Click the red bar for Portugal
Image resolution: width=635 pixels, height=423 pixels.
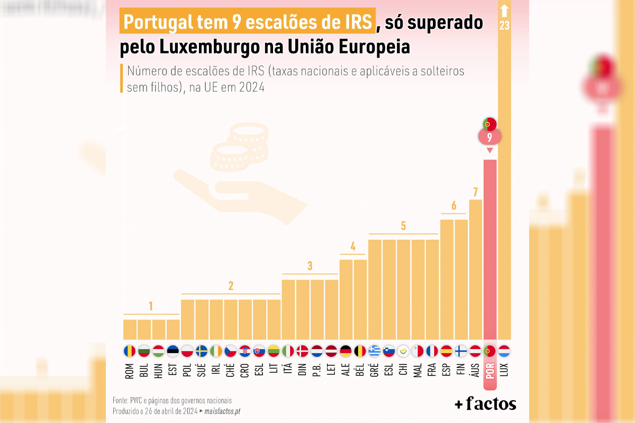(490, 249)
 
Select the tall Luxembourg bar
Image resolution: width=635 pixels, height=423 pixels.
(504, 185)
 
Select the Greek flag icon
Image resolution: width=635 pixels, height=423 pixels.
(375, 351)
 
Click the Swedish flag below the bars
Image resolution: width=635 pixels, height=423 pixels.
(202, 351)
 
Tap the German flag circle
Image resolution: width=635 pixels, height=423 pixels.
(346, 351)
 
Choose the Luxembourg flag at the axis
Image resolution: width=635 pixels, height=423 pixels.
(504, 351)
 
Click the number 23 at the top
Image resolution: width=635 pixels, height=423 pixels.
(504, 25)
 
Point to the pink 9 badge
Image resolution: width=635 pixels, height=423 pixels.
(489, 137)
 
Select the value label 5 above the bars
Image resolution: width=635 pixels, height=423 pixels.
(403, 226)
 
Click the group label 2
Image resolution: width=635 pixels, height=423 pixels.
(231, 286)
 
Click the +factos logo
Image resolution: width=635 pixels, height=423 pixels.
(485, 404)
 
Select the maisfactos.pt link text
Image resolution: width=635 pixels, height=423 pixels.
(226, 411)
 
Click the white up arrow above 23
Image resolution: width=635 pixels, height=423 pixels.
(504, 11)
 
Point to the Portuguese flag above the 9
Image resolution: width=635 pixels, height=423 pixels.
(489, 125)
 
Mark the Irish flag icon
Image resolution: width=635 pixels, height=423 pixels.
(216, 351)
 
